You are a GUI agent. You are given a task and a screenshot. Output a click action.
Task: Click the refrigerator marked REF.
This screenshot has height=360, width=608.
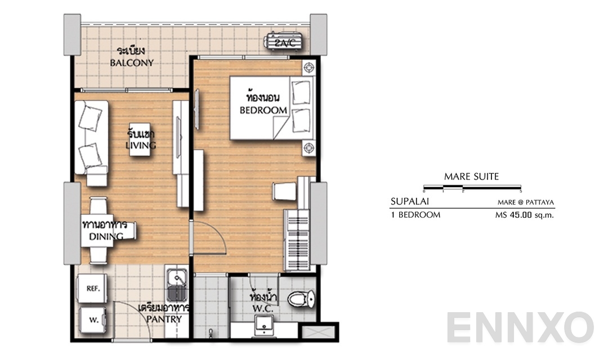[x=93, y=289]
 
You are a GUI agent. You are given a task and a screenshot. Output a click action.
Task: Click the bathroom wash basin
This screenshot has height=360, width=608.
[x=263, y=325]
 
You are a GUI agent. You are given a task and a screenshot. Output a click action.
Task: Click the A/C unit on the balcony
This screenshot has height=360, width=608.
[x=281, y=42]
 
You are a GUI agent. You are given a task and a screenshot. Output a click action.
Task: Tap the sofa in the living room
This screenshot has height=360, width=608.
[x=91, y=138]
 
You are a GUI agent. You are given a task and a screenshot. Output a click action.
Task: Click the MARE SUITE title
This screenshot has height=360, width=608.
[x=471, y=177]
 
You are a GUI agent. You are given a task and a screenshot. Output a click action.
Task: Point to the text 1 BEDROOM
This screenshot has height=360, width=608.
[x=415, y=214]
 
